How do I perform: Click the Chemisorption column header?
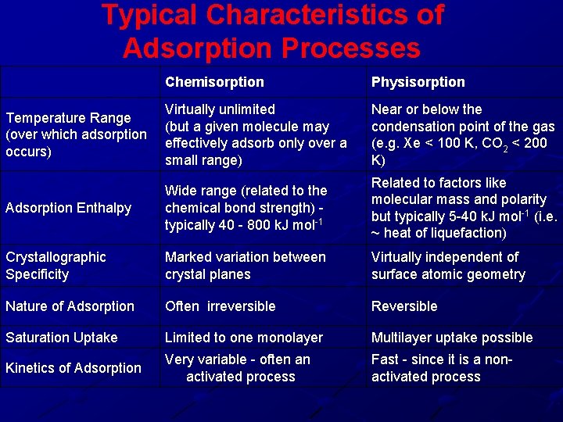[214, 82]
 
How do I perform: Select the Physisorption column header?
[418, 82]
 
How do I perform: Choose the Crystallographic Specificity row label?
[56, 266]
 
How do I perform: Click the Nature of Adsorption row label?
[70, 306]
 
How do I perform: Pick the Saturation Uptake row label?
[62, 338]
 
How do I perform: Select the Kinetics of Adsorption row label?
[74, 368]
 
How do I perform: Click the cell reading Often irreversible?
[220, 306]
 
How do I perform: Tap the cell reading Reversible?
[404, 306]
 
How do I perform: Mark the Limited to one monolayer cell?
[243, 338]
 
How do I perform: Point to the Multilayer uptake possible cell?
[452, 338]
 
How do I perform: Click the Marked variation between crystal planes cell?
[245, 266]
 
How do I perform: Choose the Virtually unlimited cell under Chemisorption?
[255, 134]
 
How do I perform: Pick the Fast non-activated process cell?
[441, 368]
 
